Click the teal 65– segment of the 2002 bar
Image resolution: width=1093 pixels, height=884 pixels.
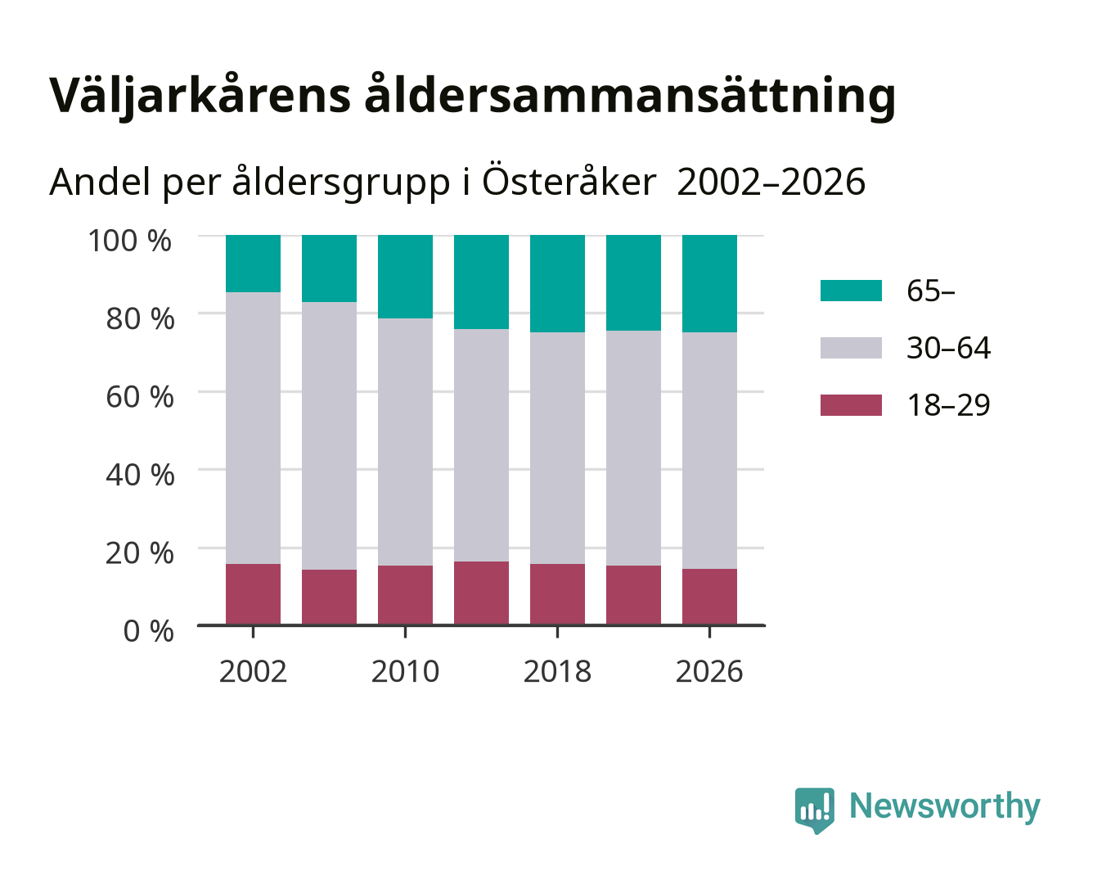[x=253, y=264]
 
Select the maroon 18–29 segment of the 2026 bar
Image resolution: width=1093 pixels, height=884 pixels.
[x=709, y=597]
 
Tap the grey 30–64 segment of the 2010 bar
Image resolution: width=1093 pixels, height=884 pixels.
[x=405, y=442]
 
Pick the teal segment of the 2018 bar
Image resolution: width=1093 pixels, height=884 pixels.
[x=557, y=284]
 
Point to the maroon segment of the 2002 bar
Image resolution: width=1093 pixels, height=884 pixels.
[x=253, y=594]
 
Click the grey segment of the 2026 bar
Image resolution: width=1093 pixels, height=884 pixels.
[x=709, y=451]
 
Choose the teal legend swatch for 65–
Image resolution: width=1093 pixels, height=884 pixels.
[x=851, y=291]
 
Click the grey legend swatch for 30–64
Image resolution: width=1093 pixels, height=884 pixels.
[x=851, y=348]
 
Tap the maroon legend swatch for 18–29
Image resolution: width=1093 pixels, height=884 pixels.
[x=851, y=405]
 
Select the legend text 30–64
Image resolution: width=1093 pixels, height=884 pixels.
[x=948, y=348]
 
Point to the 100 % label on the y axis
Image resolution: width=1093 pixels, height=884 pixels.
[x=130, y=241]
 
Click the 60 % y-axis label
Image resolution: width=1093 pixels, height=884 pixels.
[x=140, y=397]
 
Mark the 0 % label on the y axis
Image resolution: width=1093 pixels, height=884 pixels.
[x=148, y=631]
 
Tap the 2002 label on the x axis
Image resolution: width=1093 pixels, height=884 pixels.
[x=253, y=671]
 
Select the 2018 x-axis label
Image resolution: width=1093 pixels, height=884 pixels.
[x=557, y=671]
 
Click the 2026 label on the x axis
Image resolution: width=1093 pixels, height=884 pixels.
[x=709, y=671]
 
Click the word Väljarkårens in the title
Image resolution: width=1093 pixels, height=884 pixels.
[x=200, y=96]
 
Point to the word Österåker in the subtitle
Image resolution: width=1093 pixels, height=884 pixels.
[x=569, y=181]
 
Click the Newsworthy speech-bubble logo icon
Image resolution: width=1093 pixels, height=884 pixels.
[x=814, y=810]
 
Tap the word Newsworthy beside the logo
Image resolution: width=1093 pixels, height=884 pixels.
[x=945, y=807]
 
